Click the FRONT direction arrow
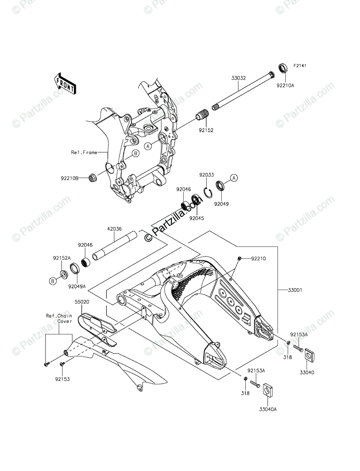pos(65,83)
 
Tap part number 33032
pos(238,78)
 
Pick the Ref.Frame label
pos(84,152)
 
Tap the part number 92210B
pos(69,179)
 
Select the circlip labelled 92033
pos(208,192)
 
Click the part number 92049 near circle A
pos(221,204)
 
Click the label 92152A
pos(62,258)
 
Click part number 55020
pos(83,303)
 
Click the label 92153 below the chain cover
pos(62,380)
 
